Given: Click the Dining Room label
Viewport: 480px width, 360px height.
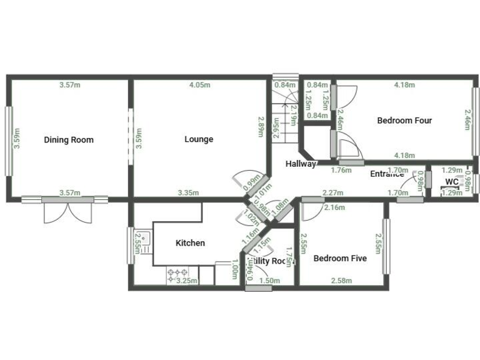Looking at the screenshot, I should [69, 139].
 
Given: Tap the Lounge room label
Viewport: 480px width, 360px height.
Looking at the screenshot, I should [199, 139].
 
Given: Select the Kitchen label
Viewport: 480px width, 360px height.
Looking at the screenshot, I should [190, 243].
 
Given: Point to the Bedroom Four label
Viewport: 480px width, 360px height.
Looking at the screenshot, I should [404, 121].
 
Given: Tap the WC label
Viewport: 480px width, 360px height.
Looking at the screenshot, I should [452, 182].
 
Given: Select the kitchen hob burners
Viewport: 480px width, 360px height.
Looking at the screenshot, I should [178, 275].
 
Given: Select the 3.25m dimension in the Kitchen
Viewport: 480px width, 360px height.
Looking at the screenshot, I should [187, 281].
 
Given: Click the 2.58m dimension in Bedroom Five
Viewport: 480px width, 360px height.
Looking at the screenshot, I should [341, 281].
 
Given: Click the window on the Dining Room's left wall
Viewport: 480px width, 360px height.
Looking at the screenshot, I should [9, 140].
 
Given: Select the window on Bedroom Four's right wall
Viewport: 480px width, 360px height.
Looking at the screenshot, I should [474, 120].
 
